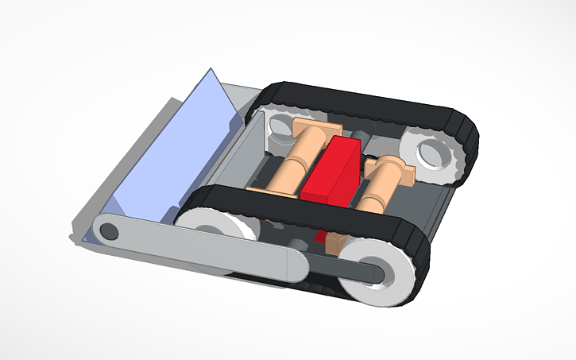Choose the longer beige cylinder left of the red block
[290, 163]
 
